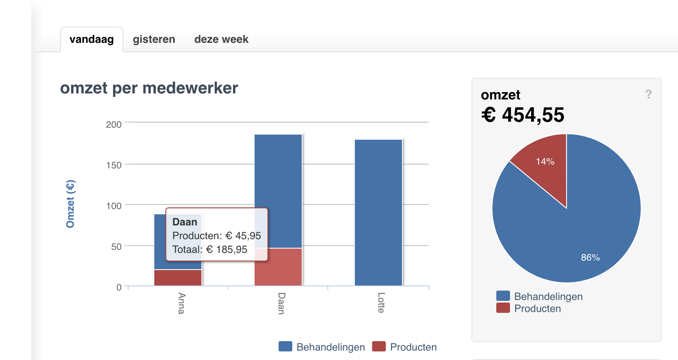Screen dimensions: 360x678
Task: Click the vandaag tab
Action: point(91,39)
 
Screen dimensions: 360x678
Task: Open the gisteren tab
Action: point(154,39)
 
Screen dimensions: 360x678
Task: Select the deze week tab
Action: point(221,39)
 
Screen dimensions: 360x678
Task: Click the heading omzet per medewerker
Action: point(149,88)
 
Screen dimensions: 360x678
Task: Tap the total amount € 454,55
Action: point(522,115)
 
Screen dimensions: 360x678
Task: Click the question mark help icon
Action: point(648,94)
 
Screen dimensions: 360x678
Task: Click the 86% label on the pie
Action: point(590,258)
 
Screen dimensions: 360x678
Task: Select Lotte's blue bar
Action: point(378,212)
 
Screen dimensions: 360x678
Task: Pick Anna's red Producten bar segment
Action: point(178,277)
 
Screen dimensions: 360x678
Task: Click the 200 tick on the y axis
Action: point(114,124)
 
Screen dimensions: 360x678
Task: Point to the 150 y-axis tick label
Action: point(114,165)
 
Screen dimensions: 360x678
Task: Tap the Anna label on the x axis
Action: point(182,303)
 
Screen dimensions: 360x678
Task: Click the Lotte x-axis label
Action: point(381,303)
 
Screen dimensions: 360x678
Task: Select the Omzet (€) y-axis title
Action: point(70,204)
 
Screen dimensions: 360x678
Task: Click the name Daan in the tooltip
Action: point(185,222)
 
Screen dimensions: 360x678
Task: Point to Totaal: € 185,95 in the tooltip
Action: point(210,249)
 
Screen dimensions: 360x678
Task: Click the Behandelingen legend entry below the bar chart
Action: point(322,347)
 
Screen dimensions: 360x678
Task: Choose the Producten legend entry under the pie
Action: point(529,309)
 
